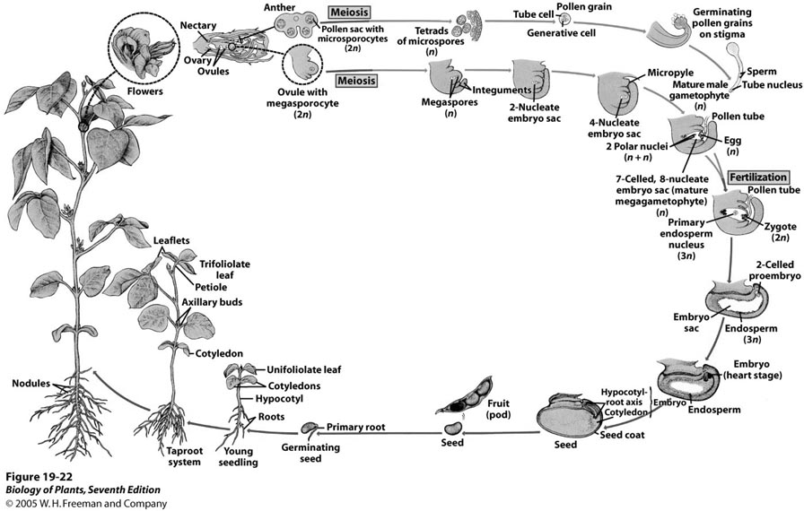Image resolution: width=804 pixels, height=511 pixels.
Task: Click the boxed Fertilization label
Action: [758, 178]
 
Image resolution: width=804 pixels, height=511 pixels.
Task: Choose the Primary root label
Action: [355, 428]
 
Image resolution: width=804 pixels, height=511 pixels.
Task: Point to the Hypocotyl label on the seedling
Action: [277, 399]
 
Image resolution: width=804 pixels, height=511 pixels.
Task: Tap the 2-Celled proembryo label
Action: [769, 270]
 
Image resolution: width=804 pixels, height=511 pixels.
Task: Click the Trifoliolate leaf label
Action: [224, 270]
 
